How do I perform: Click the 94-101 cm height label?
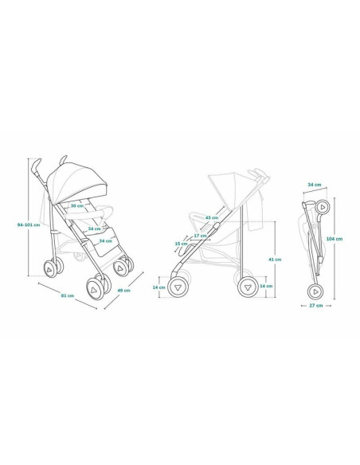29,225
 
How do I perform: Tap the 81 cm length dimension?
68,295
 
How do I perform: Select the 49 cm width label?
123,291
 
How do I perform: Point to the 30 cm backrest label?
76,205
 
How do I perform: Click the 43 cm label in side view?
212,217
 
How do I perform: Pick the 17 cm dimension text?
200,236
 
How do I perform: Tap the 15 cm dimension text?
181,244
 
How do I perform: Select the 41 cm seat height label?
275,260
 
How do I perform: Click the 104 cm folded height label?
335,238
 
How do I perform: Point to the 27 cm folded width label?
316,306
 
